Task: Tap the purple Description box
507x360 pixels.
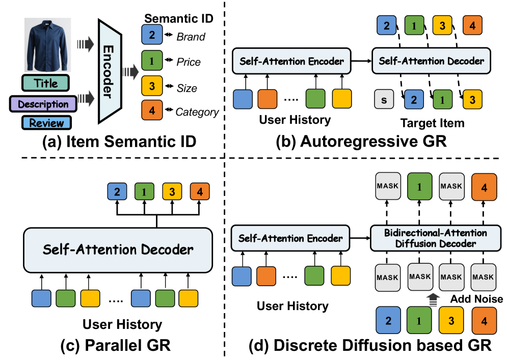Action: coord(43,104)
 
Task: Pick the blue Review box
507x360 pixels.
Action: coord(46,123)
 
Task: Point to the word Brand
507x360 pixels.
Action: coord(191,37)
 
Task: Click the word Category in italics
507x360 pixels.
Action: coord(197,112)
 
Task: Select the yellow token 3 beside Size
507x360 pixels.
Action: coord(152,87)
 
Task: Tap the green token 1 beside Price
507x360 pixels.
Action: coord(152,62)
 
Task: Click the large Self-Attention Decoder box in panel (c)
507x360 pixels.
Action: coord(118,250)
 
